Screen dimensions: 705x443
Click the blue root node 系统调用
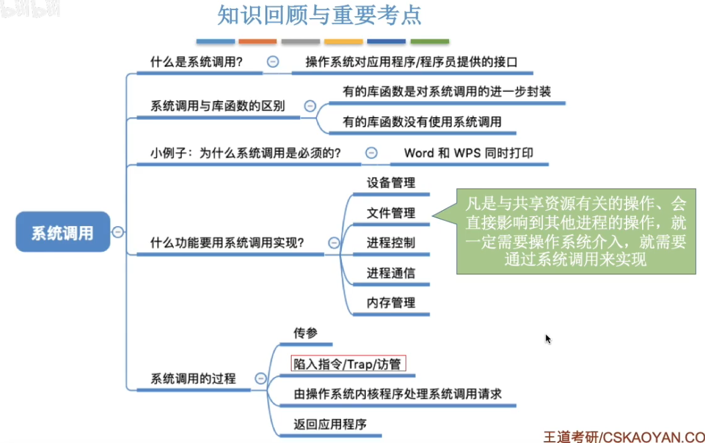[x=62, y=232]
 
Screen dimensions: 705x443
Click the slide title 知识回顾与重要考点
[x=320, y=15]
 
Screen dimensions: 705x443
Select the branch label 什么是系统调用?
[x=196, y=62]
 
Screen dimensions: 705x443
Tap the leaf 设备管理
[x=391, y=183]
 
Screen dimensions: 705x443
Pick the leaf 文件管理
[x=391, y=213]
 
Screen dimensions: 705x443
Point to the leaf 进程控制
[x=391, y=242]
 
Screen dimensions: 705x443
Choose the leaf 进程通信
[x=391, y=273]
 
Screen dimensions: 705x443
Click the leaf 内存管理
[x=391, y=302]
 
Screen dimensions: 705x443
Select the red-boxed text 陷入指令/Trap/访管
[x=348, y=364]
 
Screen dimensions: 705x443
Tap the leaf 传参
[x=306, y=333]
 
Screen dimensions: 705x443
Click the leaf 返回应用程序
[x=330, y=424]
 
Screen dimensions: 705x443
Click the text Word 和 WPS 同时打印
[x=468, y=153]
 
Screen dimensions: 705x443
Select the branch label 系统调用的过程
[x=193, y=379]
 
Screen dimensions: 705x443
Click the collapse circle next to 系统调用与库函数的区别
[x=310, y=106]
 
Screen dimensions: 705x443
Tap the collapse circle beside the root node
[x=118, y=232]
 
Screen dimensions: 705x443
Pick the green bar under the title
[x=430, y=41]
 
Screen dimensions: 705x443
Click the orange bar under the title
[x=257, y=41]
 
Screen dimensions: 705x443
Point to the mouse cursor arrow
[x=548, y=339]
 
